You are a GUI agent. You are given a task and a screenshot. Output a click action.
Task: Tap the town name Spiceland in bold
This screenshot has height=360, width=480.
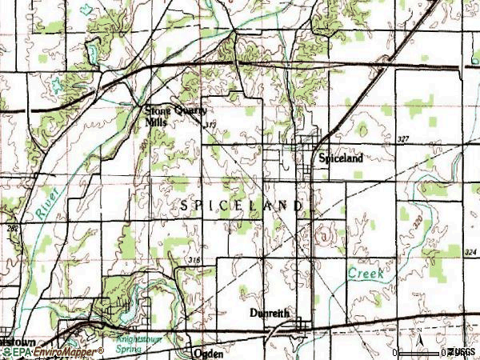(x=341, y=158)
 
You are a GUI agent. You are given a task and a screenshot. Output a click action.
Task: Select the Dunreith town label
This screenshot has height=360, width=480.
(x=267, y=314)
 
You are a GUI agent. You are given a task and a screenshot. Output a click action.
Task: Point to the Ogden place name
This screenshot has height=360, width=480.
(x=207, y=352)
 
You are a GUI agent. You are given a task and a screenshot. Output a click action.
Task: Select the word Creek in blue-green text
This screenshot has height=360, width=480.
(x=365, y=273)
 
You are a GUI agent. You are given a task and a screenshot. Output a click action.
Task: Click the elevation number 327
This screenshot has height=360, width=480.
(x=402, y=140)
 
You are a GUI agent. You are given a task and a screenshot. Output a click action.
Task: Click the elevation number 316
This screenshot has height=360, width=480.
(x=194, y=261)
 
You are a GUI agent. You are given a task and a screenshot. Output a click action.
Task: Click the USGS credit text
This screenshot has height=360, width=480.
(x=462, y=352)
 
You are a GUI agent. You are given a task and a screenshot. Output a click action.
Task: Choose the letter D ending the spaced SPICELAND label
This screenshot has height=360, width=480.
(x=300, y=206)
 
